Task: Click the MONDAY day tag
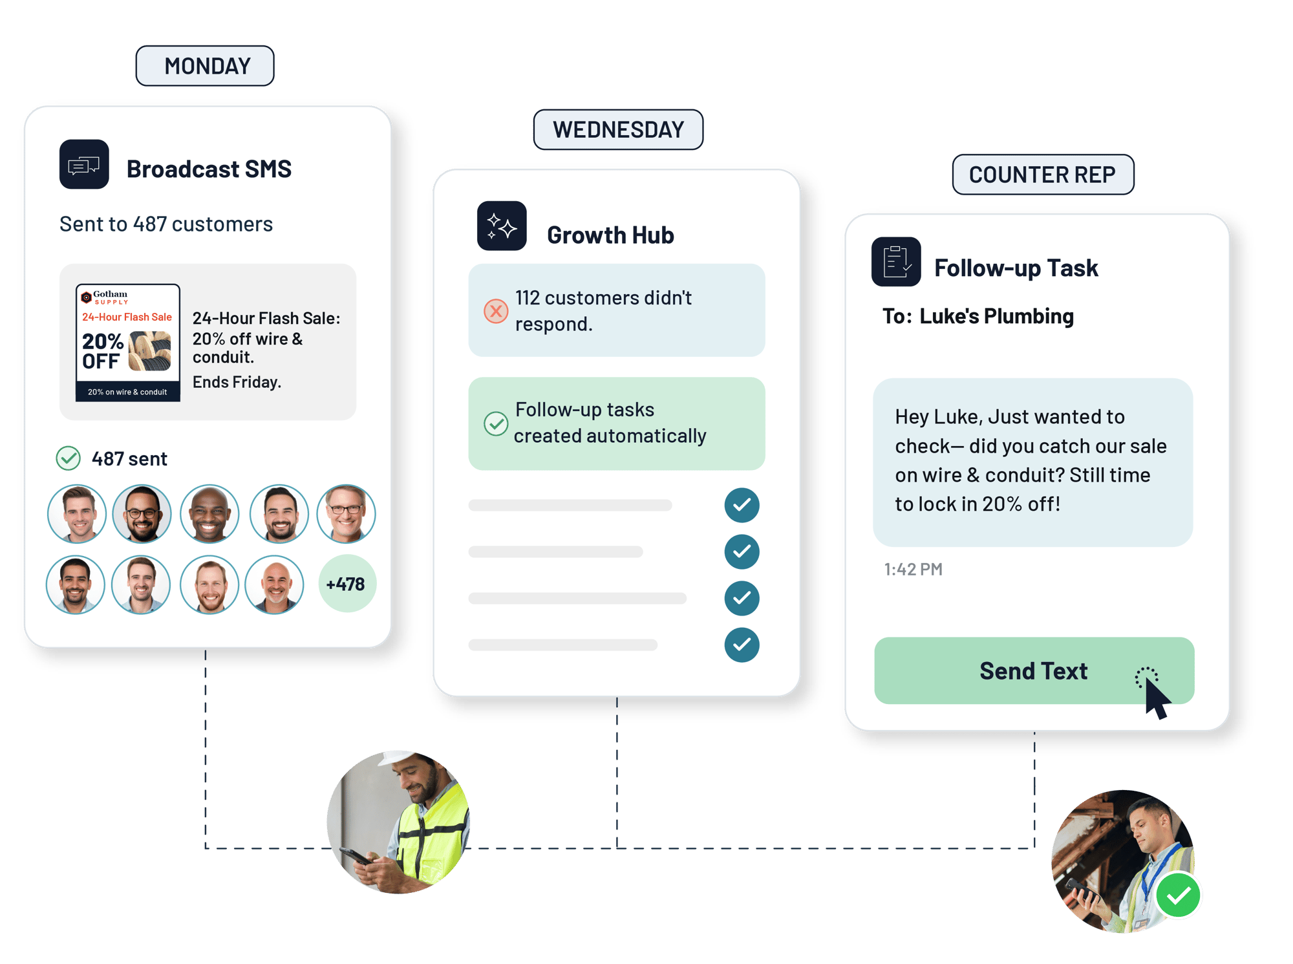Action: point(205,66)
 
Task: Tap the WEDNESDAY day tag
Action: point(618,129)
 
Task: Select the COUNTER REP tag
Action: point(1043,175)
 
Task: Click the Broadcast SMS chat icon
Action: point(84,164)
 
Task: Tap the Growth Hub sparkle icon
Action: point(502,226)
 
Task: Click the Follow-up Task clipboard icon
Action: point(896,262)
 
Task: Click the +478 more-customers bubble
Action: point(347,584)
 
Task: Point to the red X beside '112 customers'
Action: point(496,311)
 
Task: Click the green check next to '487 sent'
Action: point(68,458)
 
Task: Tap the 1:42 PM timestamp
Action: point(913,569)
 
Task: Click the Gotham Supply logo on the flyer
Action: point(105,297)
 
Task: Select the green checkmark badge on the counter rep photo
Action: point(1178,895)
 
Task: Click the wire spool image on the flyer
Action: point(150,351)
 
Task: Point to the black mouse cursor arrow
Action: point(1157,698)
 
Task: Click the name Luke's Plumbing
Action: point(996,316)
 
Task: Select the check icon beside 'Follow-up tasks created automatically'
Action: point(496,423)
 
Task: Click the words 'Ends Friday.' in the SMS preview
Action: point(237,382)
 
